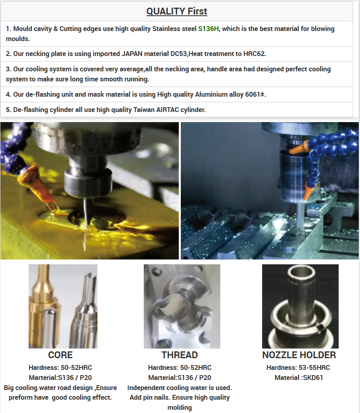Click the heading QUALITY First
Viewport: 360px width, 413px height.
[x=177, y=11]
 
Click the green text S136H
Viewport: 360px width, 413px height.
[x=209, y=29]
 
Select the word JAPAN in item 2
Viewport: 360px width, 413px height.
[x=132, y=54]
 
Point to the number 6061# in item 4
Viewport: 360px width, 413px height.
[x=255, y=94]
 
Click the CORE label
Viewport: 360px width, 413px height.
[x=60, y=355]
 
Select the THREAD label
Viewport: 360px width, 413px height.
[x=180, y=355]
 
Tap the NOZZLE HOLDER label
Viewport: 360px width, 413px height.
[x=299, y=355]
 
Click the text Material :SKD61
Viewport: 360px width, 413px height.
[x=299, y=378]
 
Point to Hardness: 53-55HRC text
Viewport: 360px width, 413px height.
[x=298, y=367]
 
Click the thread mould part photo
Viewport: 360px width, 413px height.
[x=182, y=306]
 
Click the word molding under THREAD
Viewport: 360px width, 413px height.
[x=180, y=407]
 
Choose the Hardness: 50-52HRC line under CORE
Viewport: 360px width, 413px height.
[x=60, y=367]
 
